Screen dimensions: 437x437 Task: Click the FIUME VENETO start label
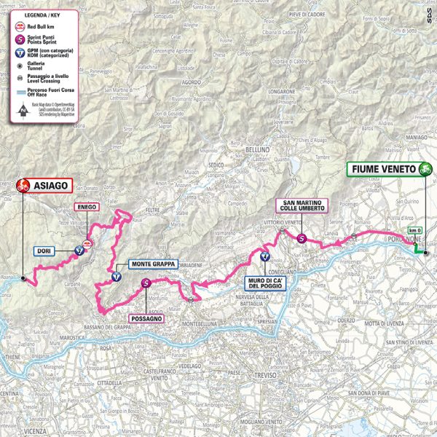tap(382, 169)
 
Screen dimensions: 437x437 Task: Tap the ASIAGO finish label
tap(50, 186)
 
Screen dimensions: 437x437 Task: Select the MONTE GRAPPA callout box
tap(150, 265)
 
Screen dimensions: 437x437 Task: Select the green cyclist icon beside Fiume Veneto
tap(425, 169)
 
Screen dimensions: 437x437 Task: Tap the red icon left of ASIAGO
tap(22, 186)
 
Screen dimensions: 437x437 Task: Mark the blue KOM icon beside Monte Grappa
tap(116, 277)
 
